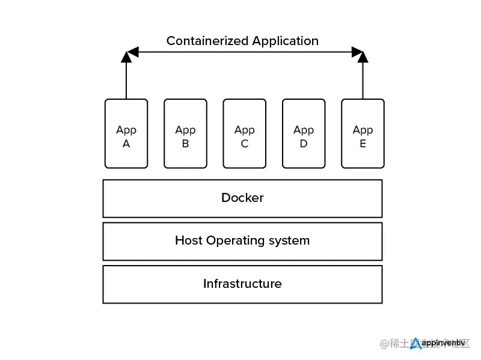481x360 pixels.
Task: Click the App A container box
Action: tap(126, 133)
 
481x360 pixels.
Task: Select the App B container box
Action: tap(185, 133)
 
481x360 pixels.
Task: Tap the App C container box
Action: tap(244, 133)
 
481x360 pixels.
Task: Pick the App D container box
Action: tap(304, 133)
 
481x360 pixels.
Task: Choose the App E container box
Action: tap(363, 133)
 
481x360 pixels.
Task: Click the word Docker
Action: tap(242, 198)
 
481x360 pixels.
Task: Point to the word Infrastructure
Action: tap(242, 284)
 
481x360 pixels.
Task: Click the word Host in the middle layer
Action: tap(189, 240)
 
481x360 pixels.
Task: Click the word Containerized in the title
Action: tap(207, 41)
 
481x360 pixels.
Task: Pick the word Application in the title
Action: tap(285, 41)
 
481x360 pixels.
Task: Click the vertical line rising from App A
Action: tap(126, 81)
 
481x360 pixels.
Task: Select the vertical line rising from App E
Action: tap(363, 81)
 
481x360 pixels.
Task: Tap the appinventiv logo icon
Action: tap(415, 343)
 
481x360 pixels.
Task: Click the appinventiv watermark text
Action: tap(444, 343)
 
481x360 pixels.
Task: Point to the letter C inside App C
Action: tap(244, 144)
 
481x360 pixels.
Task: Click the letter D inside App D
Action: tap(304, 144)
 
